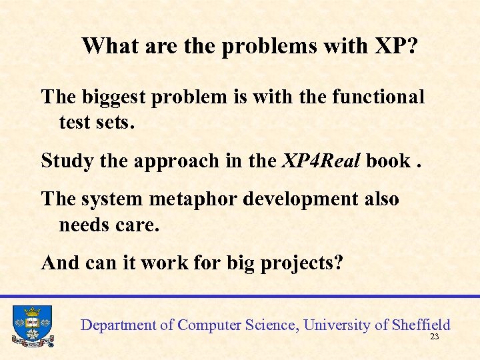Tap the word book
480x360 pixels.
click(387, 161)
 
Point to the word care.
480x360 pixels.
click(137, 225)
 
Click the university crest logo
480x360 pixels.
click(32, 326)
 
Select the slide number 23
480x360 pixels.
click(435, 337)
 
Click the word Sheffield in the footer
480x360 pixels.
click(421, 325)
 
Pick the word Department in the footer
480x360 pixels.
click(118, 326)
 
